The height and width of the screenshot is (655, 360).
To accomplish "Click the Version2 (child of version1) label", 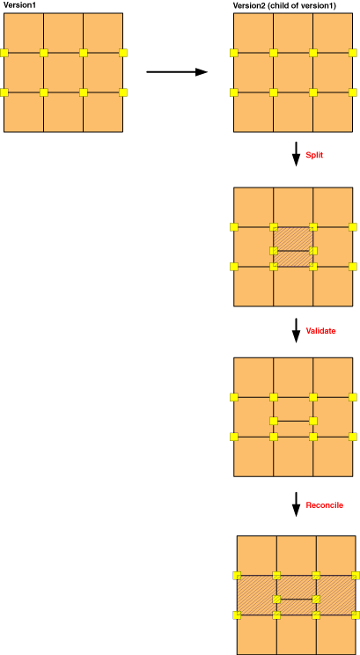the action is tap(284, 6).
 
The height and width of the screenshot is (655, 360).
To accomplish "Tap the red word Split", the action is tap(314, 155).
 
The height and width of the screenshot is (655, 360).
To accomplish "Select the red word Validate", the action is tap(320, 331).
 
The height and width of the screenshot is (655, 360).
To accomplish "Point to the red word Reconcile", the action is tap(325, 505).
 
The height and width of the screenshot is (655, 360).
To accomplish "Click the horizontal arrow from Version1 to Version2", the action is tap(177, 72).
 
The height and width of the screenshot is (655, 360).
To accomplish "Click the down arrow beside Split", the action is tap(296, 154).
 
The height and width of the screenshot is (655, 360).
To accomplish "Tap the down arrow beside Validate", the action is tap(296, 330).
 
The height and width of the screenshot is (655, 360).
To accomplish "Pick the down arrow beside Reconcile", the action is tap(296, 504).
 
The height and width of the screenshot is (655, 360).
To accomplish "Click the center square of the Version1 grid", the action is tap(63, 73).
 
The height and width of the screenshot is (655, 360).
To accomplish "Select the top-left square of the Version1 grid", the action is tap(24, 33).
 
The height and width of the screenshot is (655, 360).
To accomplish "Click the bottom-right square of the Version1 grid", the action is tap(103, 112).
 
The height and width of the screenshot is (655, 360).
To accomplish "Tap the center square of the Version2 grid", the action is tap(293, 73).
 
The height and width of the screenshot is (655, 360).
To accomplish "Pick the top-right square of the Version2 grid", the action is tap(333, 33).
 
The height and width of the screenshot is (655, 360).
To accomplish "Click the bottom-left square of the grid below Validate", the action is tap(253, 457).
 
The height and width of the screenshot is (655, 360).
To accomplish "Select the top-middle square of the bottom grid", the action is tap(297, 556).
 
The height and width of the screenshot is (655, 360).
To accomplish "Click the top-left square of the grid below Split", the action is tap(253, 207).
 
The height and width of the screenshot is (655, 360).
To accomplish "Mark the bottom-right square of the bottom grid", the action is tap(336, 635).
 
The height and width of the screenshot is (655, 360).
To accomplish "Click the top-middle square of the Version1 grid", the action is tap(63, 33).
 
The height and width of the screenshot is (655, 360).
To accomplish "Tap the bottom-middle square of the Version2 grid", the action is tap(293, 112).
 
